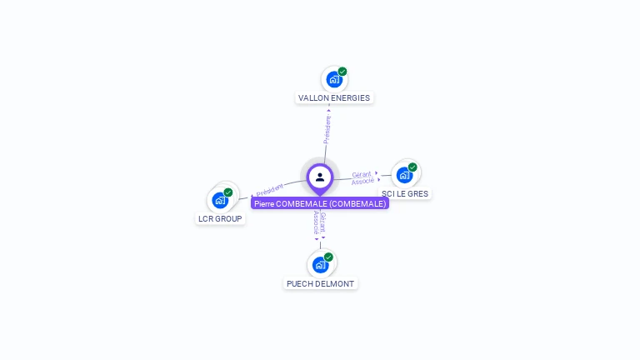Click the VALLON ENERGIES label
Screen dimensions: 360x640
click(334, 97)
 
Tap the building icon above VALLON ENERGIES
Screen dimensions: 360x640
click(334, 80)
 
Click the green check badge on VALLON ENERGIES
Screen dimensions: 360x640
click(342, 72)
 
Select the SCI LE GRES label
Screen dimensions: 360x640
click(406, 193)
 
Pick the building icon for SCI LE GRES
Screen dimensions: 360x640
click(404, 175)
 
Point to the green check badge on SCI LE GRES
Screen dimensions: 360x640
click(412, 167)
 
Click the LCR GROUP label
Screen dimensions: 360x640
click(220, 218)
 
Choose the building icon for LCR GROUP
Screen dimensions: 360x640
click(220, 200)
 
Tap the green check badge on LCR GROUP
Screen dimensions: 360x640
click(228, 192)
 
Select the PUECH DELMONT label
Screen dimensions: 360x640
click(320, 283)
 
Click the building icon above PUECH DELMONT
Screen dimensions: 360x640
click(320, 265)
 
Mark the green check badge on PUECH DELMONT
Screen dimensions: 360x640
click(328, 257)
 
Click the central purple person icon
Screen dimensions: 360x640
click(320, 177)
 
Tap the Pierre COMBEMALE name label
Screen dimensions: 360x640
click(320, 203)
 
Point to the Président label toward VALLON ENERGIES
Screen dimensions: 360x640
click(327, 129)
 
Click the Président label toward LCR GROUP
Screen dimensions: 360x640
click(270, 190)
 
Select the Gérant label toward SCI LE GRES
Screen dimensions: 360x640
click(362, 174)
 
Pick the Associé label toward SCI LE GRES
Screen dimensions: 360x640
click(363, 181)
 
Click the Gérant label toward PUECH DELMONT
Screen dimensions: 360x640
click(323, 222)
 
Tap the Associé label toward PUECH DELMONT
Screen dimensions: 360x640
click(316, 222)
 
